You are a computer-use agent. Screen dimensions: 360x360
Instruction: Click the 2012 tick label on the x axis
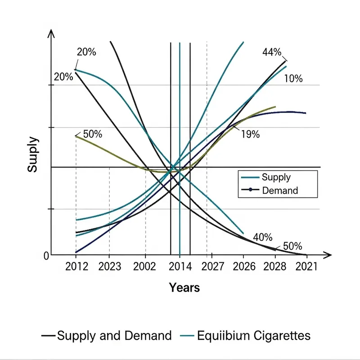[x=76, y=267]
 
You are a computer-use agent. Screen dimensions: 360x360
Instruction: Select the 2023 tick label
[x=110, y=267]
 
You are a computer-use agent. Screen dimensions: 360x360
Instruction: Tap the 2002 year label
[x=145, y=267]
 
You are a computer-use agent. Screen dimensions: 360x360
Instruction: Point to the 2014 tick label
[x=180, y=267]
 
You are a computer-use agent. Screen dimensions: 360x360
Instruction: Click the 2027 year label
[x=213, y=267]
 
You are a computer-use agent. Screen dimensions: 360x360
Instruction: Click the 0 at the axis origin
[x=46, y=256]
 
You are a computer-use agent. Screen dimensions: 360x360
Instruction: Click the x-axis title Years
[x=184, y=287]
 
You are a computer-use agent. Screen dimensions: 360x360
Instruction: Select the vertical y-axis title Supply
[x=32, y=155]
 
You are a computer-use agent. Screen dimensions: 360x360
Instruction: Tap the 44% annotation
[x=272, y=53]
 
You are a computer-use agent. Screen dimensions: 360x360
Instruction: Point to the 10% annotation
[x=293, y=79]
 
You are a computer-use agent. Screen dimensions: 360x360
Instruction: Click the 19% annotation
[x=250, y=134]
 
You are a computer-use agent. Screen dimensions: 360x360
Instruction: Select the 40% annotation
[x=263, y=237]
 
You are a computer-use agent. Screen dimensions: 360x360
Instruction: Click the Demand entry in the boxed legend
[x=279, y=190]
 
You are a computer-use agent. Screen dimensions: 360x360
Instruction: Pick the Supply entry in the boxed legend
[x=276, y=177]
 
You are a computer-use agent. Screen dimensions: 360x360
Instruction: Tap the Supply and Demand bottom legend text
[x=114, y=336]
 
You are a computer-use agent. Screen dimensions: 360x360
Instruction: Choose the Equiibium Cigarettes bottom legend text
[x=254, y=336]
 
